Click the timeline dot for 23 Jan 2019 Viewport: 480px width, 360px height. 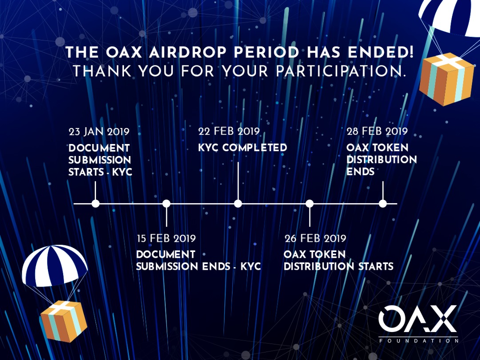coord(95,204)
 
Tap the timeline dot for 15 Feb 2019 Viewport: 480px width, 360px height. coord(166,204)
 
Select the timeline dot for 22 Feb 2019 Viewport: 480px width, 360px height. coord(238,204)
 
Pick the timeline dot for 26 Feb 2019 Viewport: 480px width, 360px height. coord(310,204)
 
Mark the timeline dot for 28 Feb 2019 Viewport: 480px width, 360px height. coord(383,204)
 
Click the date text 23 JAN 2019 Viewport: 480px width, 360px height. coord(99,132)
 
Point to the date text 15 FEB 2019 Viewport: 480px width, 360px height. coord(166,239)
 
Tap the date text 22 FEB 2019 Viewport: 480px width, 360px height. coord(228,132)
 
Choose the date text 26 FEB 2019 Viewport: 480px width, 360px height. coord(316,239)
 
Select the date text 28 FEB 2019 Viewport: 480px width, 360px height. coord(377,132)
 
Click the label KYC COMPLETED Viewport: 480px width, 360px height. coord(242,148)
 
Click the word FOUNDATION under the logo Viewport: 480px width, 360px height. coord(419,341)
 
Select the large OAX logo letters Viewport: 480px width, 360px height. coord(418,319)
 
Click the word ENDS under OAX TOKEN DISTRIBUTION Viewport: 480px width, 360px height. coord(360,172)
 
